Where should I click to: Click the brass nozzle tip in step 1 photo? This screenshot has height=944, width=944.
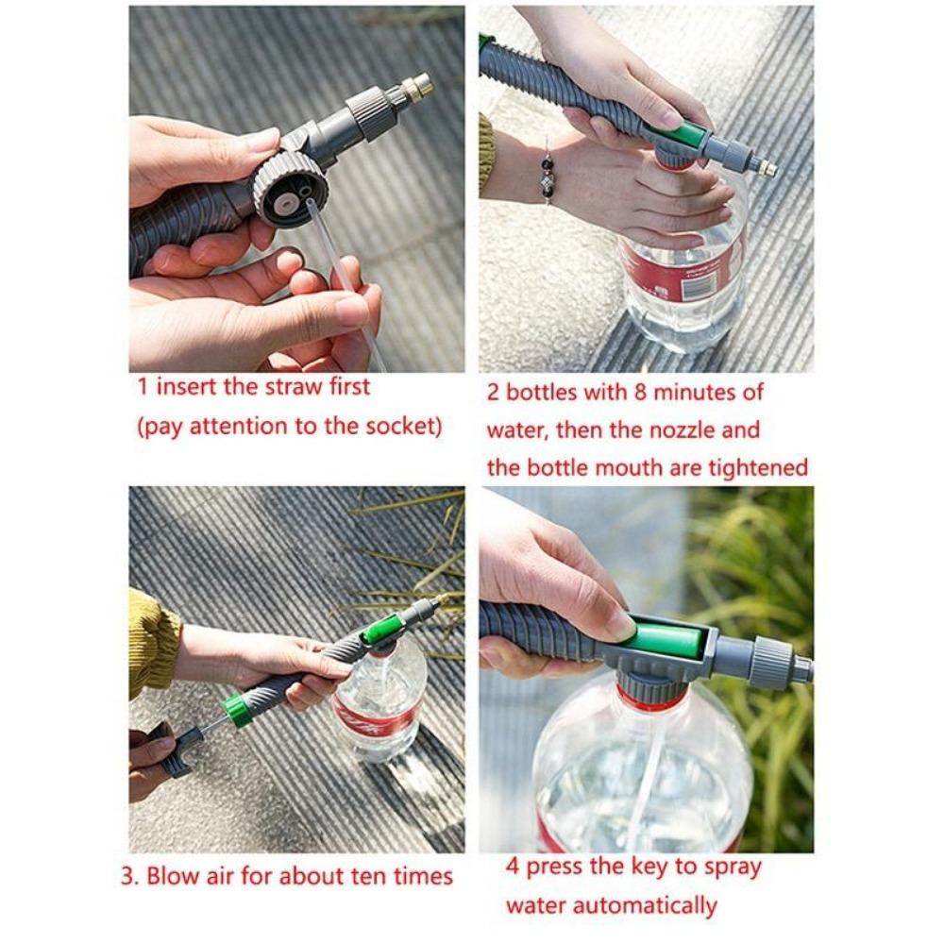[x=416, y=88]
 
